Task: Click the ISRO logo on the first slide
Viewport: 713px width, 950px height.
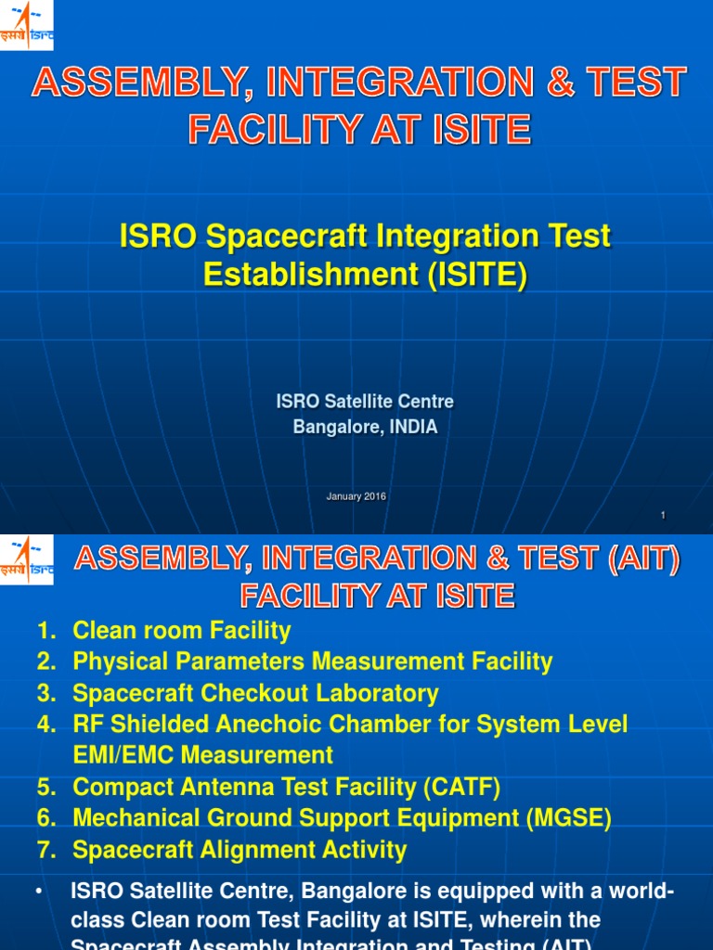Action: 26,26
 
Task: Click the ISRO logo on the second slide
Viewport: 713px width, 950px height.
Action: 26,559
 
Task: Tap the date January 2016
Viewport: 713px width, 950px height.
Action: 356,496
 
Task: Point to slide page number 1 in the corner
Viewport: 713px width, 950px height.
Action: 663,515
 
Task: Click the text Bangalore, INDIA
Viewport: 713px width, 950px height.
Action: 365,428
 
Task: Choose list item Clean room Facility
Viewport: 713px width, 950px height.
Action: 182,631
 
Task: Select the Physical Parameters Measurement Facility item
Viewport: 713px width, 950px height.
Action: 313,661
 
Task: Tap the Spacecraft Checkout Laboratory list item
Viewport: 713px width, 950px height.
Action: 255,693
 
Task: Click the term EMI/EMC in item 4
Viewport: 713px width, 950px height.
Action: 131,755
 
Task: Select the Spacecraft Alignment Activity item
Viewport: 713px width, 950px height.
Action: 240,850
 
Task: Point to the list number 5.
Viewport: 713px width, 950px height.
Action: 46,788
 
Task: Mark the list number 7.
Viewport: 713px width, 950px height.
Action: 46,850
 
